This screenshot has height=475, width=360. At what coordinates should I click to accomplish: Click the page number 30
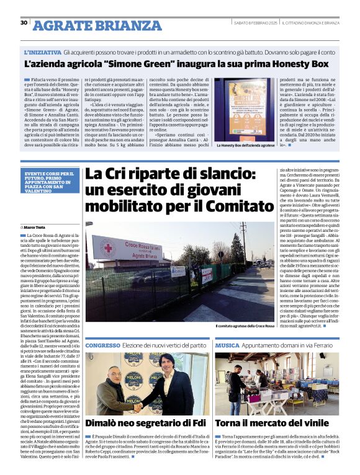(x=24, y=23)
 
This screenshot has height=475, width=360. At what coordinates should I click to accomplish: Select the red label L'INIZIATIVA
(x=43, y=53)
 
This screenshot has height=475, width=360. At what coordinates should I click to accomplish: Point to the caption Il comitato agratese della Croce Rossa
(x=243, y=326)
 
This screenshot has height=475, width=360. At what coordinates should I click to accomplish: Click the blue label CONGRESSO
(x=102, y=344)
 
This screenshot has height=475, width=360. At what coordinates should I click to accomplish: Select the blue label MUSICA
(x=227, y=344)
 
